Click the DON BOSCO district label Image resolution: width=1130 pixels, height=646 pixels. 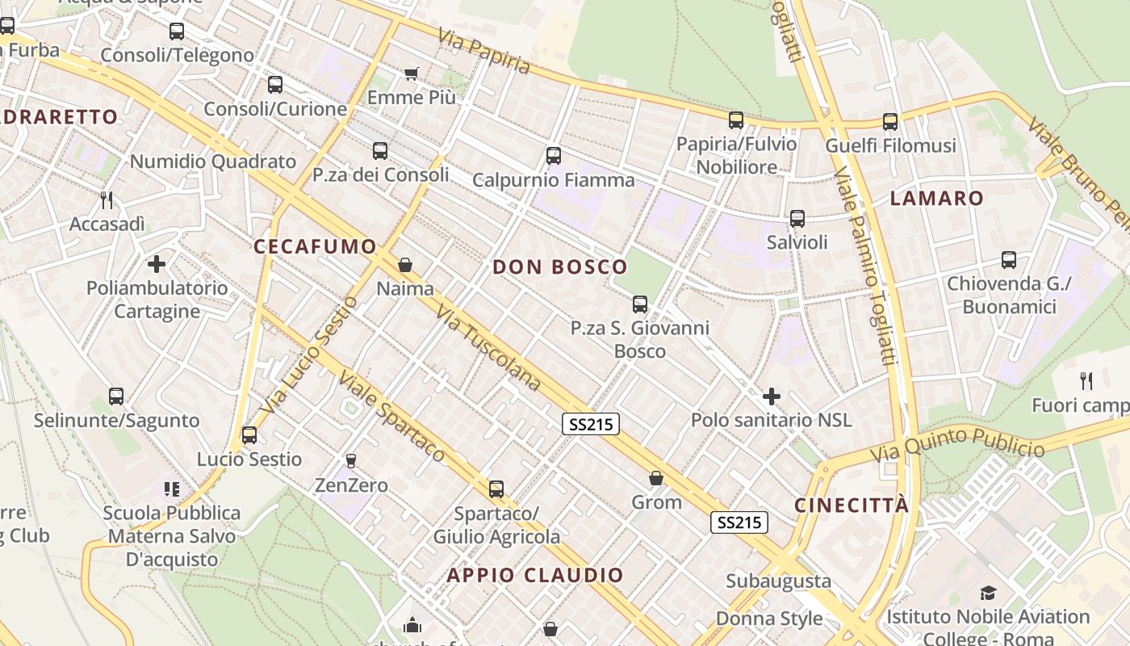(559, 266)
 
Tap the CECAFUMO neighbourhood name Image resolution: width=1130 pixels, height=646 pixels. (316, 246)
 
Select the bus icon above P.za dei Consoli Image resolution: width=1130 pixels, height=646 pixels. (380, 151)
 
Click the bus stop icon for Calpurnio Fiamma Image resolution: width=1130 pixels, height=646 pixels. (554, 156)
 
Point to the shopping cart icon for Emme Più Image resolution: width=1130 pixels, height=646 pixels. (411, 74)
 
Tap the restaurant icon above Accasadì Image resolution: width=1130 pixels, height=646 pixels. (106, 199)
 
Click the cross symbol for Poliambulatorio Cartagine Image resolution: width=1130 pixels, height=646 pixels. (157, 264)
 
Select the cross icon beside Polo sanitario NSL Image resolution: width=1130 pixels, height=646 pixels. (772, 396)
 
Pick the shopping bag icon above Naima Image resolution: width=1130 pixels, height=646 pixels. (405, 265)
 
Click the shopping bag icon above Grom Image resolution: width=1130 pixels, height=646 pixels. (656, 479)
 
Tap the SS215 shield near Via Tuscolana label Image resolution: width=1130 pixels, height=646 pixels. (591, 424)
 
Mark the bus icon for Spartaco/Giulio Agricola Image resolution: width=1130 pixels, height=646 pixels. (496, 489)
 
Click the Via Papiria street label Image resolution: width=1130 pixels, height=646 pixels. (484, 52)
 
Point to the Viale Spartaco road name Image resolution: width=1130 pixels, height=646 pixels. (391, 417)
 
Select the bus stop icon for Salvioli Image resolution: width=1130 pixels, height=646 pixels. (797, 219)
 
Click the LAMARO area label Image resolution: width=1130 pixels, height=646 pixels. (937, 198)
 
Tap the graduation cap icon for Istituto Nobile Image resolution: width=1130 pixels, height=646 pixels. (988, 594)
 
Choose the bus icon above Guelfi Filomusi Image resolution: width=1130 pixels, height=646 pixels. (890, 122)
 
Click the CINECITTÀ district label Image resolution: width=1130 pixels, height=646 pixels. (852, 505)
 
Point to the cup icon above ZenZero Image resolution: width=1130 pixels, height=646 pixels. (351, 461)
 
